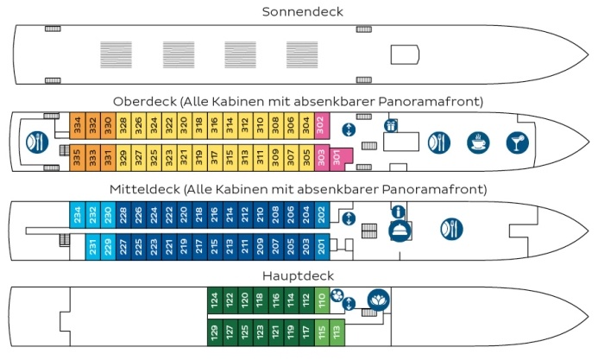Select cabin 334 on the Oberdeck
[77, 124]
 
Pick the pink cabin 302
[320, 124]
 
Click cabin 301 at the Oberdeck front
[337, 158]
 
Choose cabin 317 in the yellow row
[215, 158]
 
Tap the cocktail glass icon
[515, 142]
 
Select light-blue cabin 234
[77, 214]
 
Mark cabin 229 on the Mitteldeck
[108, 248]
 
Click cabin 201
[321, 248]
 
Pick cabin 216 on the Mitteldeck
[215, 214]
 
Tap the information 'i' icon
[398, 212]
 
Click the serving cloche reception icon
[398, 231]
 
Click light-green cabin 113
[337, 332]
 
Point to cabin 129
[215, 332]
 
